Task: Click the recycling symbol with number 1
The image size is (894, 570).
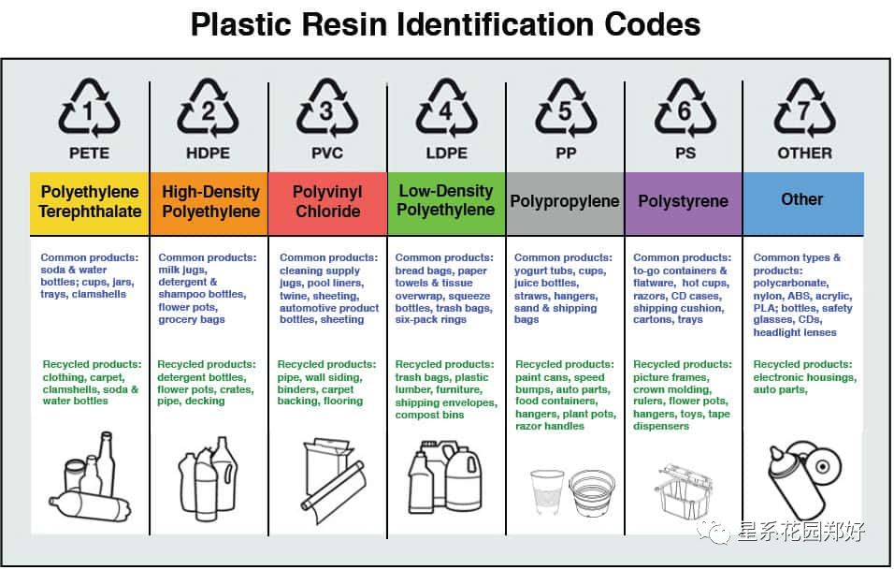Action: (90, 109)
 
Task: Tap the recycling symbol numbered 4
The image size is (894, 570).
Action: (446, 109)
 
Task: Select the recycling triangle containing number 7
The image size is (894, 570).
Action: (804, 109)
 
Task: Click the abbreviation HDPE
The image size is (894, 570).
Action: (209, 153)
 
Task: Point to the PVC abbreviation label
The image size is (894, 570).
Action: (327, 153)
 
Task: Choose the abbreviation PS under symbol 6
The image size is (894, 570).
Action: (685, 153)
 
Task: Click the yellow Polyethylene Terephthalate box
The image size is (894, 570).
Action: (90, 203)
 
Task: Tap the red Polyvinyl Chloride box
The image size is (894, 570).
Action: (328, 203)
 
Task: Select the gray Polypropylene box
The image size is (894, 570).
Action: (565, 203)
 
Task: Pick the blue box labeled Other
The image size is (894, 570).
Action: (803, 203)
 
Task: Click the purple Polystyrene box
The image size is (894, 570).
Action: (684, 203)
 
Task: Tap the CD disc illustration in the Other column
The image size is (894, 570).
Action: (822, 466)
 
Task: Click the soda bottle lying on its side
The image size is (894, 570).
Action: (90, 506)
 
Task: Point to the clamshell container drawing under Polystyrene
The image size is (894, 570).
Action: (684, 490)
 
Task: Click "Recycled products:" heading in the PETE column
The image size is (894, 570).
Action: (92, 364)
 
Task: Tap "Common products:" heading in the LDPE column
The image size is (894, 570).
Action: (444, 257)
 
